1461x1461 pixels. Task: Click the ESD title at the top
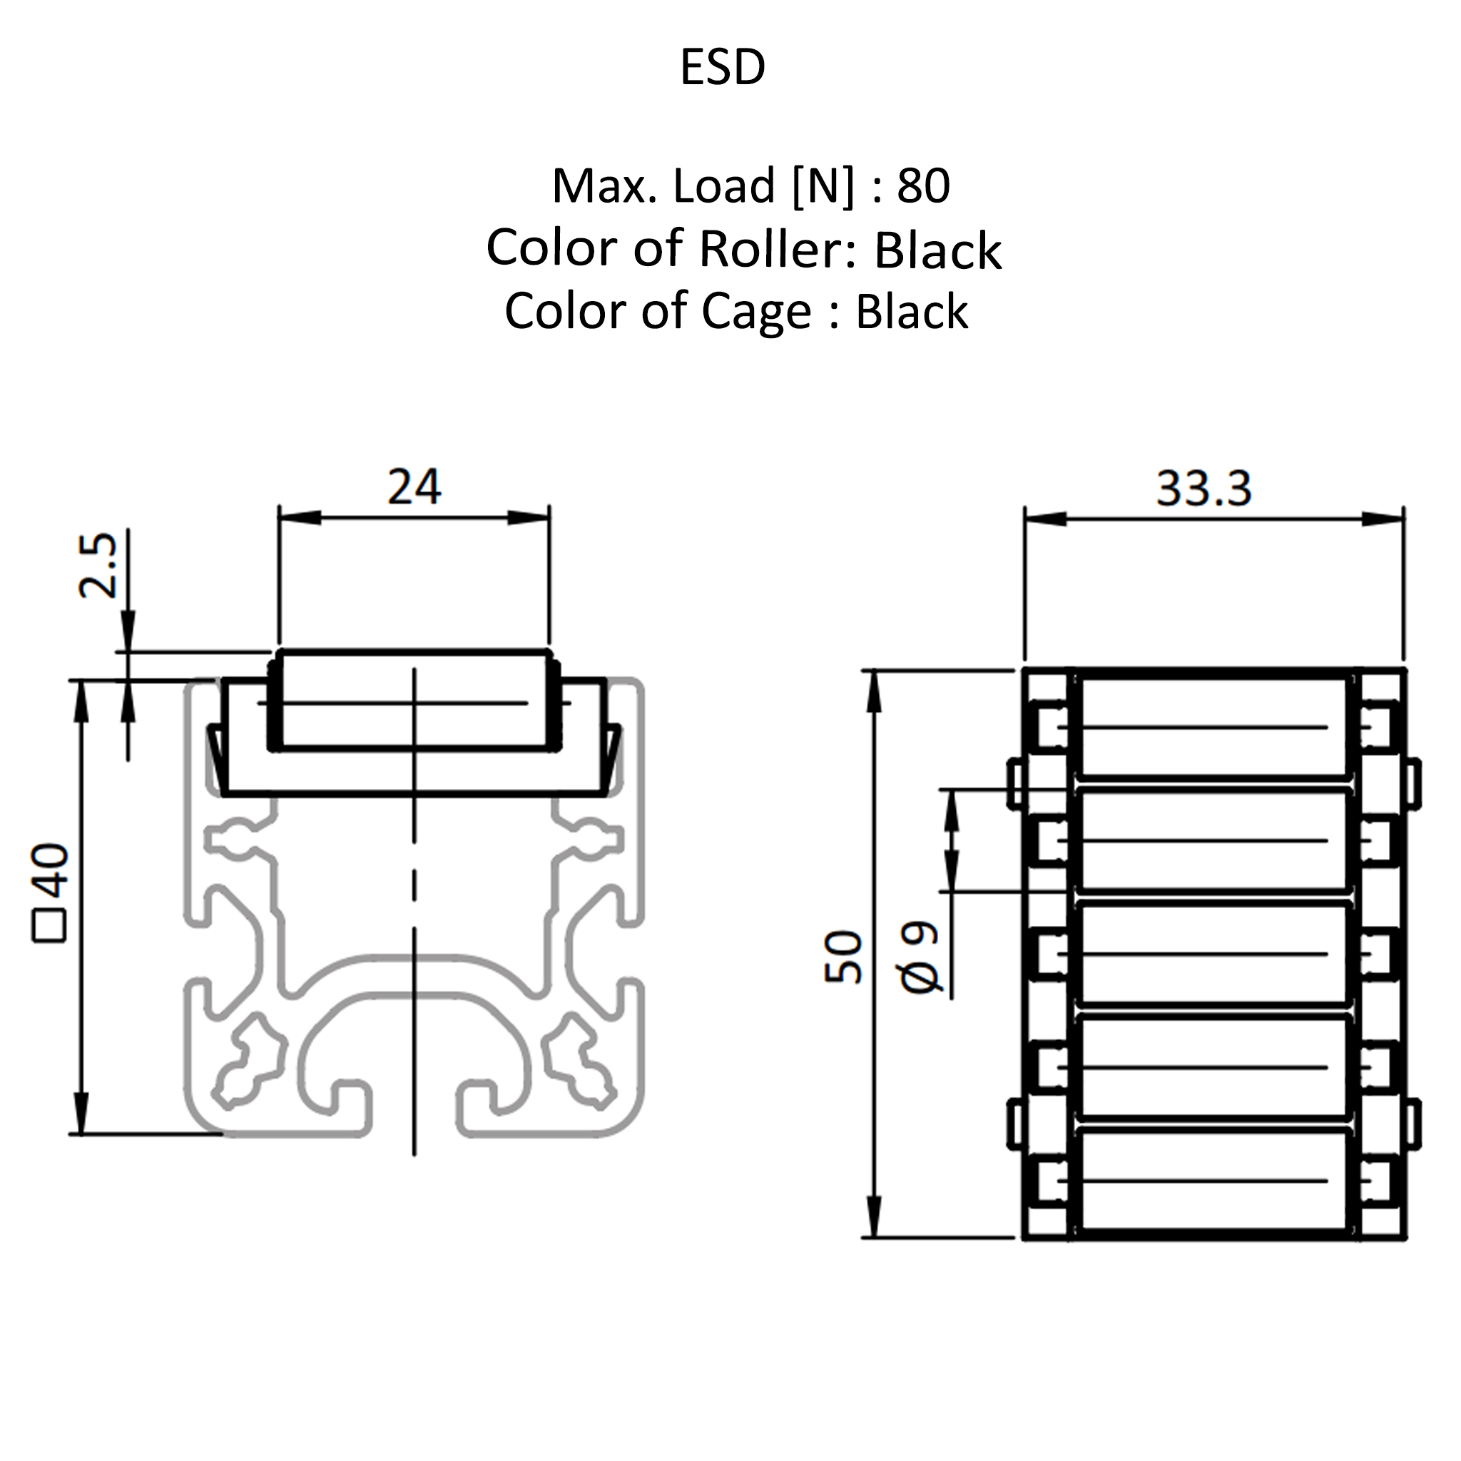coord(722,66)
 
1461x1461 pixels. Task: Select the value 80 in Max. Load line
coord(922,185)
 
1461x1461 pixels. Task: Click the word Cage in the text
coord(756,311)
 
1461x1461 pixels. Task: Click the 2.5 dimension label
coord(98,565)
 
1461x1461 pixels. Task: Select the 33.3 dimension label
coord(1204,488)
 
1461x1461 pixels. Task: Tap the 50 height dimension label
coord(843,957)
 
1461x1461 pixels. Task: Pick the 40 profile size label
coord(51,870)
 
